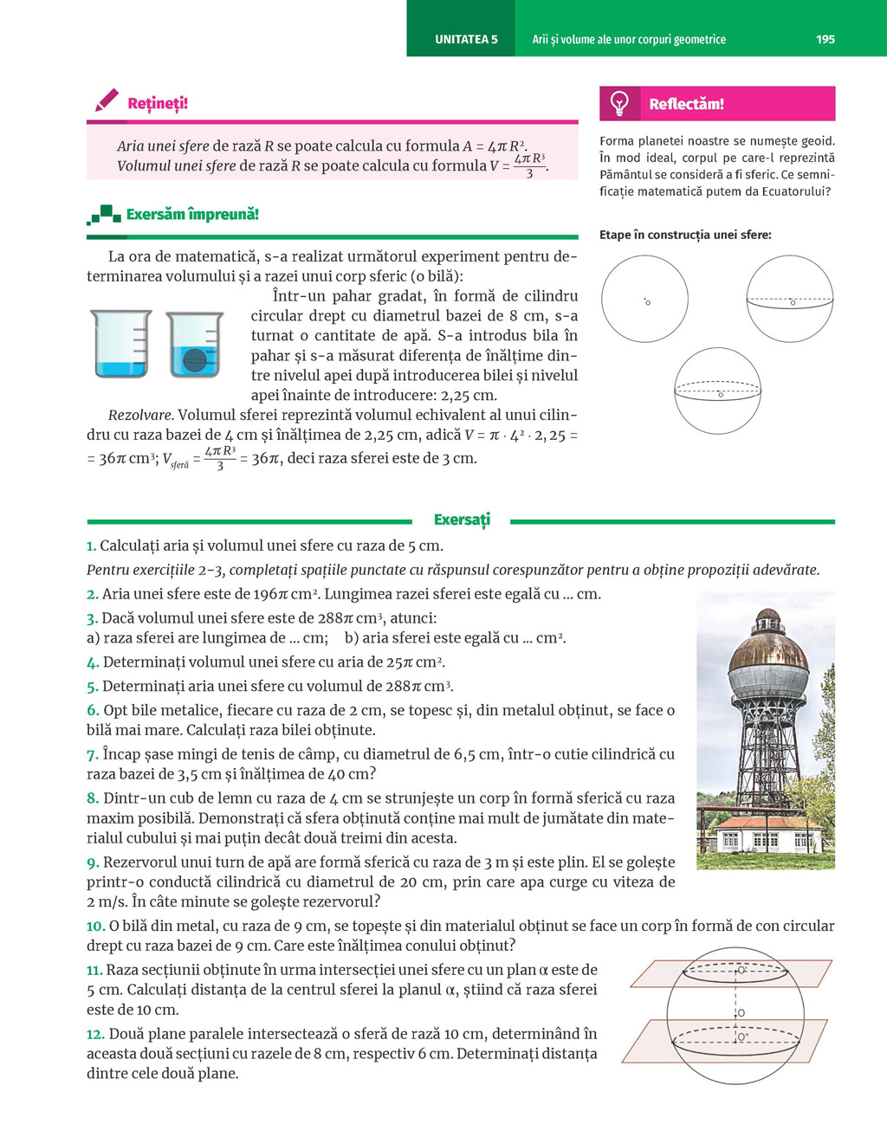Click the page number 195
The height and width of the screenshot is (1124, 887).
[825, 39]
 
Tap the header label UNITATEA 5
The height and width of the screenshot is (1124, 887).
[466, 39]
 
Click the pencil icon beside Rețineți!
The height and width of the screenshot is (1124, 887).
[107, 100]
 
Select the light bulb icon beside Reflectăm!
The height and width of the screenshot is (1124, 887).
[619, 104]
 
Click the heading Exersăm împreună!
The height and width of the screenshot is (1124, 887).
[192, 214]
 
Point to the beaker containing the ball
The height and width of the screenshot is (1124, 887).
[195, 345]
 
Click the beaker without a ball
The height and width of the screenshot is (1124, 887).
[121, 344]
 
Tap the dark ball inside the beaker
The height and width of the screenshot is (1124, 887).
[195, 359]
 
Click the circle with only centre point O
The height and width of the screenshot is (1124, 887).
[644, 299]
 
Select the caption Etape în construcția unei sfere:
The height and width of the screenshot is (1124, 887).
[685, 235]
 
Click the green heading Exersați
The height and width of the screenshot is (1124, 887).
[462, 520]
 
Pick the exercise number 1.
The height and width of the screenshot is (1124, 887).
[91, 546]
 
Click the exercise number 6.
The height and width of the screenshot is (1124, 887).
[92, 711]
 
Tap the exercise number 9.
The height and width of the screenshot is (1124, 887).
[93, 862]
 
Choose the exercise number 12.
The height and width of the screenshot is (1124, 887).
[95, 1034]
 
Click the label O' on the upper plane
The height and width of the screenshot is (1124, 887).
[741, 971]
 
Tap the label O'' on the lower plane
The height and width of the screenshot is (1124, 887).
[743, 1037]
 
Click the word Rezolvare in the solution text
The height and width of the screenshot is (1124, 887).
[140, 416]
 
